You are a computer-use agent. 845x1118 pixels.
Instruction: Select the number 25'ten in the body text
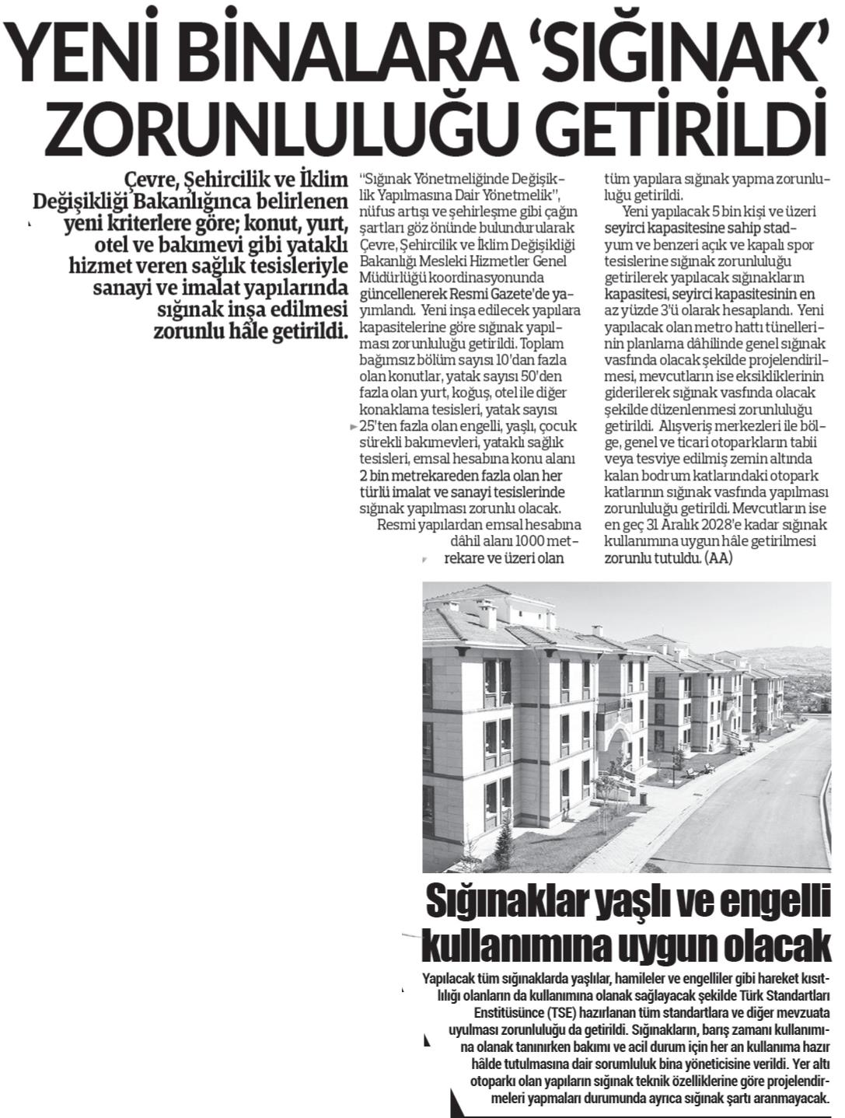tap(376, 427)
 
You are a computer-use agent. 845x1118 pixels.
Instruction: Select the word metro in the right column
tap(678, 328)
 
